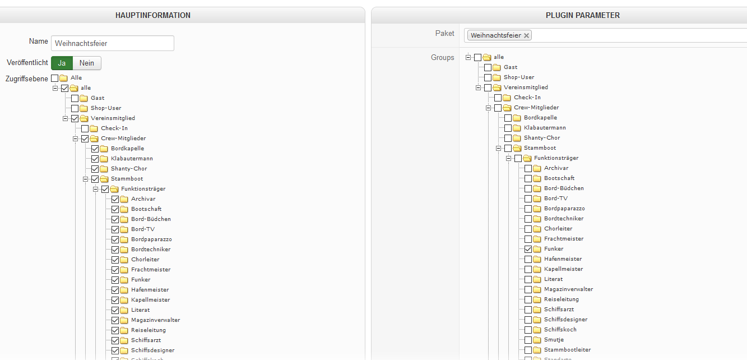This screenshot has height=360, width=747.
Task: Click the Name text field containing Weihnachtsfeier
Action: pyautogui.click(x=112, y=43)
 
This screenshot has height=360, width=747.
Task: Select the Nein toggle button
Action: pyautogui.click(x=87, y=63)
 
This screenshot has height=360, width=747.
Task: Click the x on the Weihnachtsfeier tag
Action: pyautogui.click(x=526, y=35)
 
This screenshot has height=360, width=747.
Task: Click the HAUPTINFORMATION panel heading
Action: pyautogui.click(x=153, y=15)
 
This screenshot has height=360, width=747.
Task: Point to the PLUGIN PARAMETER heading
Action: pyautogui.click(x=583, y=15)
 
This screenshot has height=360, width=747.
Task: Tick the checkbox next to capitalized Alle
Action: pyautogui.click(x=55, y=78)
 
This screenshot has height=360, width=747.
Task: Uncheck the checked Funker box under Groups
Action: pyautogui.click(x=528, y=249)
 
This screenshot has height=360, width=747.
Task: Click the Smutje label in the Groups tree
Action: pyautogui.click(x=553, y=339)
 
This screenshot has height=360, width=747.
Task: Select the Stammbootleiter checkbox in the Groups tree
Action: pyautogui.click(x=528, y=350)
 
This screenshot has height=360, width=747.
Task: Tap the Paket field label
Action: pyautogui.click(x=444, y=34)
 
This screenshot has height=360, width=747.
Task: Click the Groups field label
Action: pyautogui.click(x=442, y=57)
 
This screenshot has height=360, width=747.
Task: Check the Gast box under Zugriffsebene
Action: pyautogui.click(x=75, y=98)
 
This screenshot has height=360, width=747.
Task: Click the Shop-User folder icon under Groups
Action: pyautogui.click(x=497, y=77)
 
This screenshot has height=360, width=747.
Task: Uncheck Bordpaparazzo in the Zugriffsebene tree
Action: pyautogui.click(x=115, y=239)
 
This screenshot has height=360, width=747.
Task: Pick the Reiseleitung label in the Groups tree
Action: pyautogui.click(x=561, y=299)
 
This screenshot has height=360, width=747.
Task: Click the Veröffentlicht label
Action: pyautogui.click(x=27, y=63)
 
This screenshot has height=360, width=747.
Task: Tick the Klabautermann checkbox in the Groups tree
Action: pyautogui.click(x=508, y=128)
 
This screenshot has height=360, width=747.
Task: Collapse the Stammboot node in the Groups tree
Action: pyautogui.click(x=498, y=148)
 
